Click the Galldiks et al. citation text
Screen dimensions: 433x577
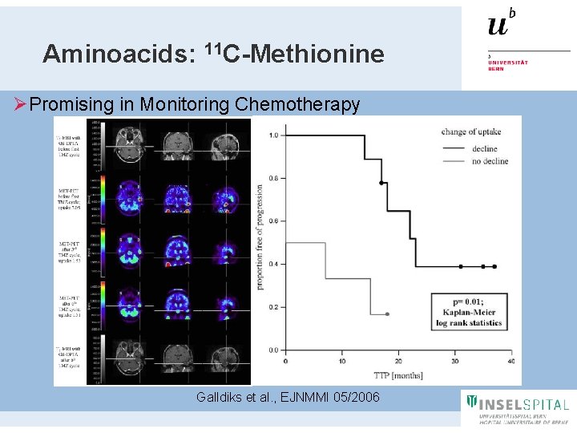tap(288, 398)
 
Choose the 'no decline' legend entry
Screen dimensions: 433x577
tap(484, 161)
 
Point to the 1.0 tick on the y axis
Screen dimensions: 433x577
tap(273, 136)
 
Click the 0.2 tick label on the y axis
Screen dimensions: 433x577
tap(273, 307)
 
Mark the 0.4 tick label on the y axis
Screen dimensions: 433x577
tap(273, 264)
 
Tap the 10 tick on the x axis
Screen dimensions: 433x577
tap(342, 361)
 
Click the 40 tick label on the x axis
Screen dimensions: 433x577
tap(510, 361)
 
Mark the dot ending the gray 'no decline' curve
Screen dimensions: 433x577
tap(387, 314)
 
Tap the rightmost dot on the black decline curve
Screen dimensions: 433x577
tap(494, 266)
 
